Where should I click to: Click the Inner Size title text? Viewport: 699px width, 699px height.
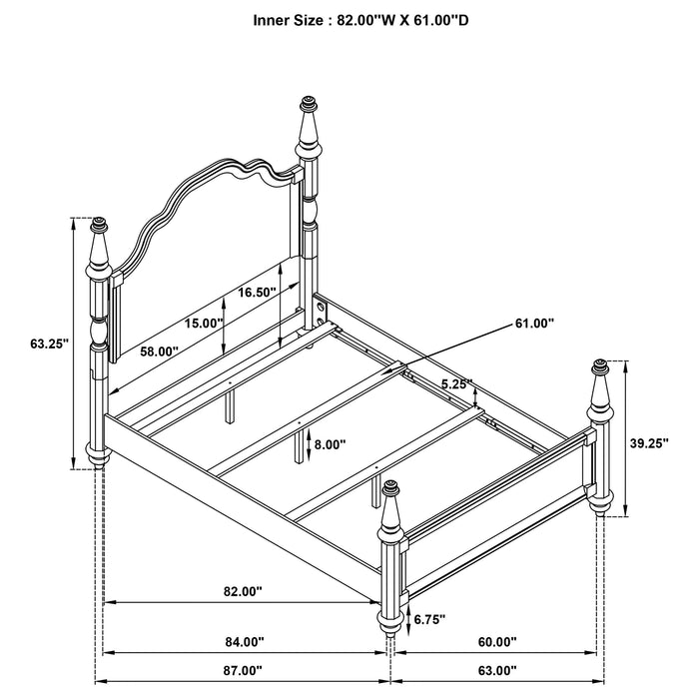pos(349,18)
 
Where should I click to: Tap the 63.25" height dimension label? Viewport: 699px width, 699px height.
pos(48,344)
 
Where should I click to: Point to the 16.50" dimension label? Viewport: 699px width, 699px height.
pos(258,293)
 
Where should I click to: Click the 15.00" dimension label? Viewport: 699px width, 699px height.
pos(203,323)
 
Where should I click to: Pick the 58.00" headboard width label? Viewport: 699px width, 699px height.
pos(159,351)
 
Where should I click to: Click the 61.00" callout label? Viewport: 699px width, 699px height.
pos(535,323)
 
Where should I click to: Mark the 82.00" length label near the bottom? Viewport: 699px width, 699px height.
pos(243,591)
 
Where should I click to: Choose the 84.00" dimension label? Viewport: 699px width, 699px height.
pos(244,642)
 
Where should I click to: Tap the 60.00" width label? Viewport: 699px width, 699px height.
pos(496,642)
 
